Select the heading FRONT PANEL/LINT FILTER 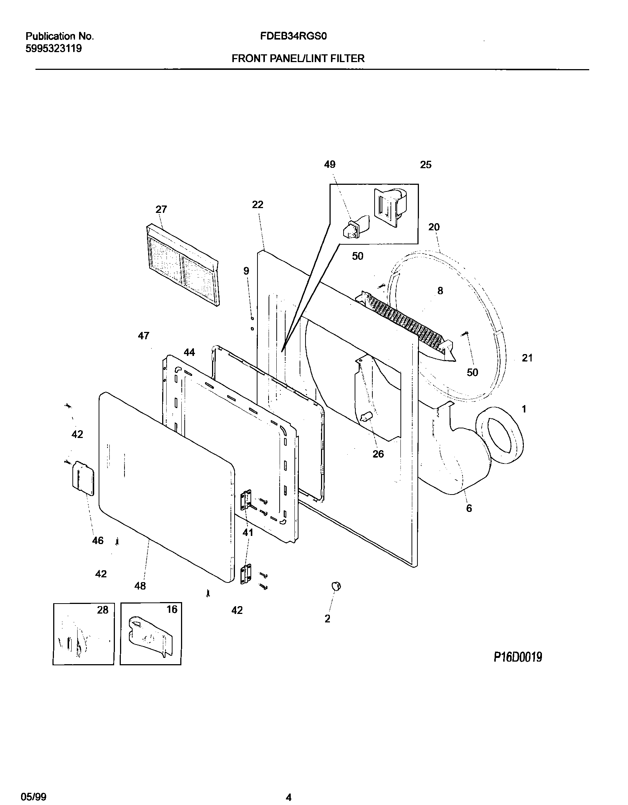pyautogui.click(x=298, y=58)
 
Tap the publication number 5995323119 pyautogui.click(x=54, y=48)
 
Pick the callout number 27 pyautogui.click(x=161, y=210)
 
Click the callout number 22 pyautogui.click(x=257, y=204)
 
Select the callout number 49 pyautogui.click(x=330, y=164)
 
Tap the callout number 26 pyautogui.click(x=378, y=454)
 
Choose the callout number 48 pyautogui.click(x=140, y=585)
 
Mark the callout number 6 pyautogui.click(x=469, y=508)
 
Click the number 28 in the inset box pyautogui.click(x=103, y=610)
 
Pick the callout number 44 pyautogui.click(x=189, y=353)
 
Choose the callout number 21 pyautogui.click(x=527, y=358)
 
